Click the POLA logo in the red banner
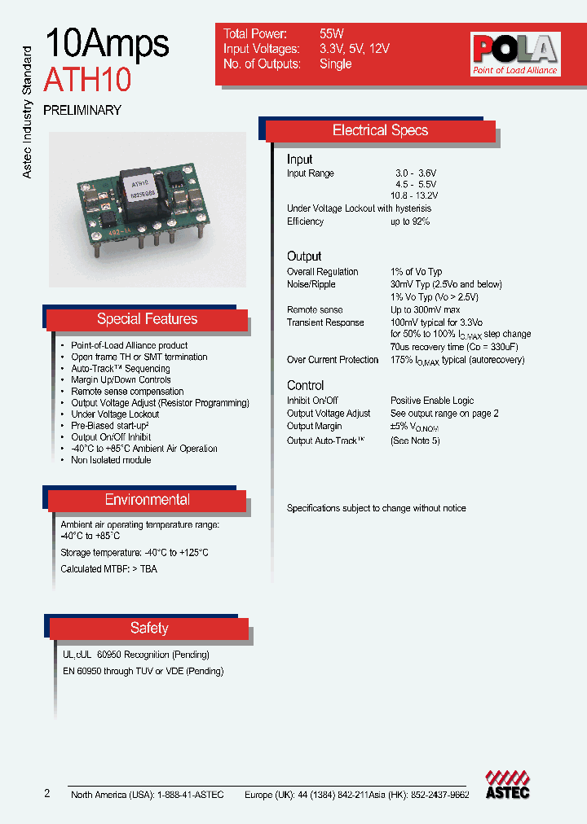click(x=514, y=54)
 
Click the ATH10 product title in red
click(x=87, y=80)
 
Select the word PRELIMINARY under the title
click(x=82, y=110)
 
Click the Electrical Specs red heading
click(x=380, y=130)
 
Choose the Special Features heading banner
click(x=147, y=319)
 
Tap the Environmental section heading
click(x=147, y=500)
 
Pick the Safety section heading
click(x=149, y=628)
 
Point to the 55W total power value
click(x=332, y=34)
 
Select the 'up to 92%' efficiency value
click(x=410, y=221)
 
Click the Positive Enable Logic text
click(x=432, y=401)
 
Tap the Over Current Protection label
click(x=333, y=360)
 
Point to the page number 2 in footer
click(x=47, y=794)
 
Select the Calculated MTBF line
click(x=108, y=569)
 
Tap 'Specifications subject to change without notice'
click(x=376, y=508)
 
